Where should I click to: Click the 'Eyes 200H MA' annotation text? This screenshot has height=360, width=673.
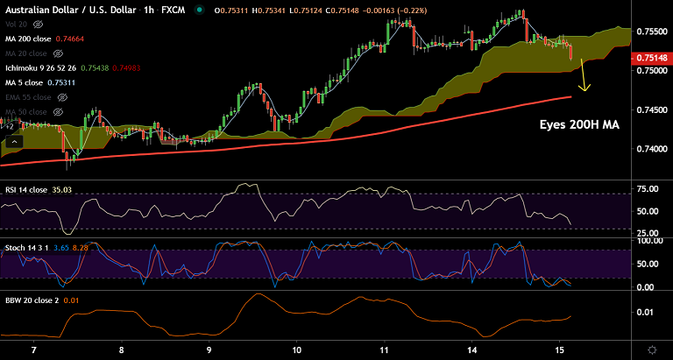coord(579,125)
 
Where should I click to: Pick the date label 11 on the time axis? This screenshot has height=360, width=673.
coord(384,348)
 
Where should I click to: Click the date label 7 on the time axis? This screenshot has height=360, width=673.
coord(34,348)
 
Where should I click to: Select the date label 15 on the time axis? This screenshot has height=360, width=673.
coord(558,348)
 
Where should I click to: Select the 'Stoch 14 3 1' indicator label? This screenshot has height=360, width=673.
coord(27,250)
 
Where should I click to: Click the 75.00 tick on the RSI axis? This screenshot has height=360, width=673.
coord(648,189)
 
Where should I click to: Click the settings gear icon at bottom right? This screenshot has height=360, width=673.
coord(650,349)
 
